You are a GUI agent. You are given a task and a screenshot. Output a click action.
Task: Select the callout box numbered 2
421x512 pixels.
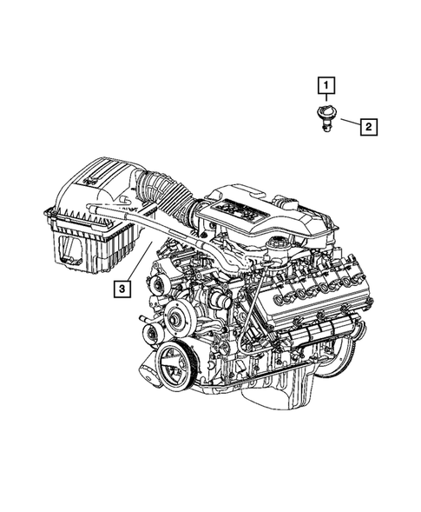368,128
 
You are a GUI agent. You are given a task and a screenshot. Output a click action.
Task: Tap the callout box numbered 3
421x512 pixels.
124,288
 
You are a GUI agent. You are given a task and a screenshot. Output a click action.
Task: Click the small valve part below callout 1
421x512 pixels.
326,116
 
